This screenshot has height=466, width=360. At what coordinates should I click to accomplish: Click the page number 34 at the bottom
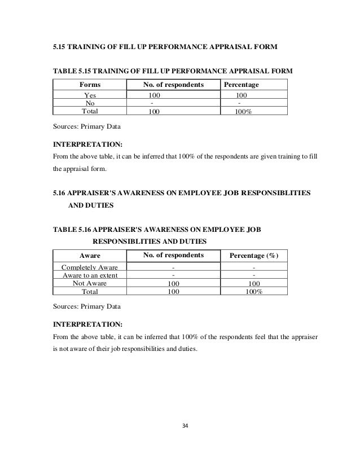click(180, 425)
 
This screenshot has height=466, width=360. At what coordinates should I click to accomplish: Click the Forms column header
click(90, 85)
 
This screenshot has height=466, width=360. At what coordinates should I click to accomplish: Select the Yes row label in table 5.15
click(90, 96)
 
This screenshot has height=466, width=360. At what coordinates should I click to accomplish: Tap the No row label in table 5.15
click(90, 104)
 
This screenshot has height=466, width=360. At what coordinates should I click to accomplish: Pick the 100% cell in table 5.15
click(243, 112)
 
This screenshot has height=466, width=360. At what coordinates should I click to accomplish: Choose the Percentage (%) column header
click(254, 256)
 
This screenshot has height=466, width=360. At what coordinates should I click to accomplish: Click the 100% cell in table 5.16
click(254, 292)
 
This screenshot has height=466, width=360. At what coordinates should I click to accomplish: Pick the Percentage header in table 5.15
click(242, 85)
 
